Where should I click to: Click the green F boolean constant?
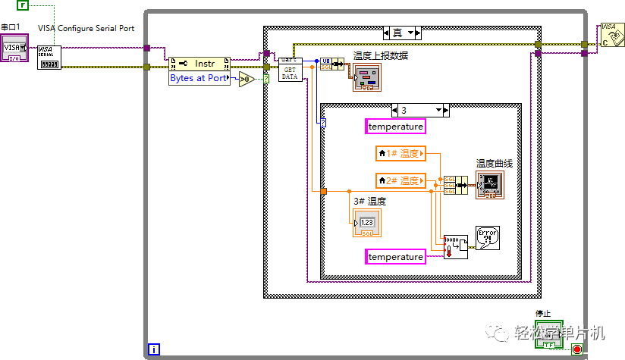[22, 6]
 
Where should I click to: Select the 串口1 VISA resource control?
[14, 49]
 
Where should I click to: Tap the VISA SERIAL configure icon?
[49, 57]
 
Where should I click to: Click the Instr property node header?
[199, 64]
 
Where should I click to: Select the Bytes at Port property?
[199, 78]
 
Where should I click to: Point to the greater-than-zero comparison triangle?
[247, 79]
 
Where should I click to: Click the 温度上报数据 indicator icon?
[367, 77]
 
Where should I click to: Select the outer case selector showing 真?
[402, 33]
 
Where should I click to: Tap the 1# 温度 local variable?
[400, 155]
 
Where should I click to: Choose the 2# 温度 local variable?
[400, 180]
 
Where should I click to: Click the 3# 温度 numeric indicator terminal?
[367, 222]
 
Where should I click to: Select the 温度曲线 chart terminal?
[489, 184]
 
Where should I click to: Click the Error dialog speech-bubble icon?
[487, 238]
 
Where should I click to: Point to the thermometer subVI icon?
[455, 246]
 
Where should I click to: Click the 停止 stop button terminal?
[548, 334]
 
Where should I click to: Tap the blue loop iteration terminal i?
[155, 349]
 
